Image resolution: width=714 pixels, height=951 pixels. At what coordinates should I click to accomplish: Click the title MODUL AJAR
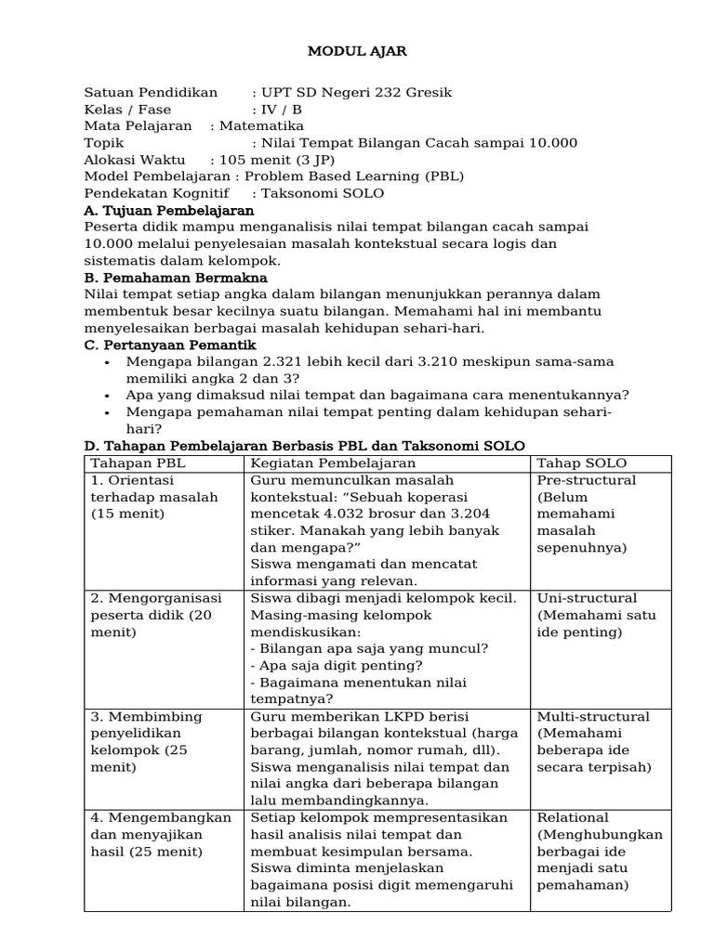click(357, 52)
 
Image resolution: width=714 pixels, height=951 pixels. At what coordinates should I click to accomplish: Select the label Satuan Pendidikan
click(151, 93)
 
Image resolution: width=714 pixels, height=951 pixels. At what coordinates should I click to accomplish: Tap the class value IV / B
click(277, 110)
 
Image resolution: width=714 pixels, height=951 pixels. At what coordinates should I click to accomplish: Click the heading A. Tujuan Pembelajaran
click(169, 211)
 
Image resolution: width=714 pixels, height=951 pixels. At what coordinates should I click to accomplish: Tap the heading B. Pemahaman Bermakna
click(176, 278)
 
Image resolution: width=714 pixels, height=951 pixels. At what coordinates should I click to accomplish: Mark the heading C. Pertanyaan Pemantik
click(170, 345)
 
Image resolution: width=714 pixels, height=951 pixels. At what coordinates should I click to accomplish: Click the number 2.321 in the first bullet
click(265, 362)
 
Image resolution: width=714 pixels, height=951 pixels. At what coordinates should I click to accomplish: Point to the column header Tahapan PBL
click(133, 463)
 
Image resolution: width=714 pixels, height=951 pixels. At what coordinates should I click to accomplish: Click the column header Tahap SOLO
click(581, 463)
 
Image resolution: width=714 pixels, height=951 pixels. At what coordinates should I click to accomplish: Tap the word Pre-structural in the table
click(587, 480)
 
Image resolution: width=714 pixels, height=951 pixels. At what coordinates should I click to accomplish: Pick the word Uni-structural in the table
click(587, 598)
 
